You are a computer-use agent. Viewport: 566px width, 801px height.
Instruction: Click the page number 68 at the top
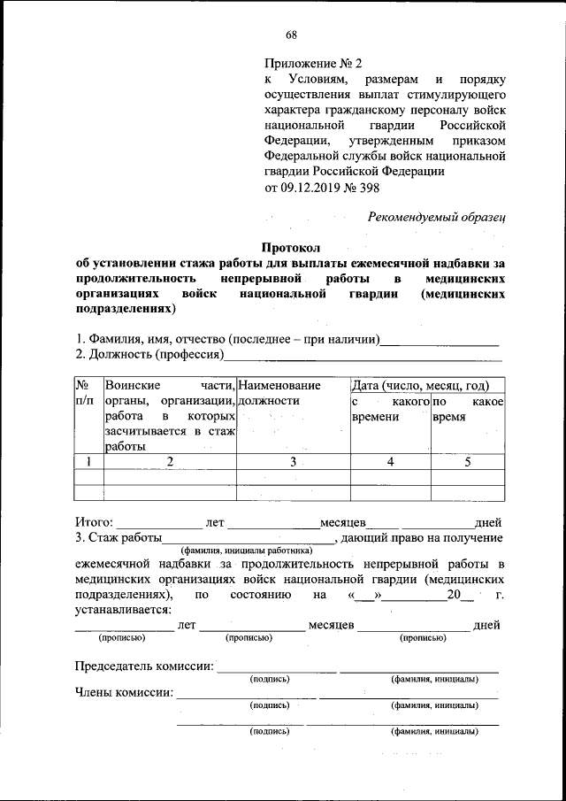click(291, 35)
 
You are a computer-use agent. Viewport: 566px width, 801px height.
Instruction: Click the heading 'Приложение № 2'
click(314, 65)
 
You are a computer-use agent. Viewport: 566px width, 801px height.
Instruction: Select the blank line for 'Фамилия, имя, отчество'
click(440, 340)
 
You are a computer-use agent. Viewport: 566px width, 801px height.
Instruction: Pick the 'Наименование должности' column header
click(280, 394)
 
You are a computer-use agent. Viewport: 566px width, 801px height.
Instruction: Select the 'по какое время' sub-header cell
click(467, 411)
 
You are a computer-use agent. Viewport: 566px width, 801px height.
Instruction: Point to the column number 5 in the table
click(467, 461)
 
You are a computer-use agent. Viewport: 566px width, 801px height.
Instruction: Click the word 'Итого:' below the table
click(94, 522)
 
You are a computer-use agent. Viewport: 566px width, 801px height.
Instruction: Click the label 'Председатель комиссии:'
click(143, 666)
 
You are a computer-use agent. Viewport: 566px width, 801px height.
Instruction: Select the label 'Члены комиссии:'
click(123, 693)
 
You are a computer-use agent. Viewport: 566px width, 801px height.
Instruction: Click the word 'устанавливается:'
click(124, 609)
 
